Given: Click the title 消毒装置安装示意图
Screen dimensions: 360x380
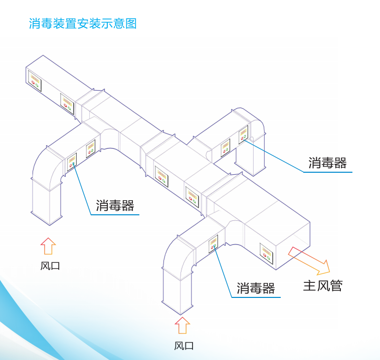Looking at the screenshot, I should tap(83, 24).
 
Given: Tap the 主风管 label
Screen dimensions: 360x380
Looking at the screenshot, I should tap(322, 285).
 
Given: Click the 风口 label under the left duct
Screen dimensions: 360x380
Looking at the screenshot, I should tap(50, 266).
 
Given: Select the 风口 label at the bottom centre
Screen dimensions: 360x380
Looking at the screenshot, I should tap(183, 345).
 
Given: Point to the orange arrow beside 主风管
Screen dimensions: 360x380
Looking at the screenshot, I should tap(309, 259).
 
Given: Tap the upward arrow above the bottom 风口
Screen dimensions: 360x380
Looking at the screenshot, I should tap(182, 325).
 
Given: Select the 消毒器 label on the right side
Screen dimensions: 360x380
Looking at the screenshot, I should tap(327, 163).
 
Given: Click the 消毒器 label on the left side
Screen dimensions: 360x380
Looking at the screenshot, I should tap(115, 205).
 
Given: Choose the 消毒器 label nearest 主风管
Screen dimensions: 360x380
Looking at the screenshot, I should tap(256, 288).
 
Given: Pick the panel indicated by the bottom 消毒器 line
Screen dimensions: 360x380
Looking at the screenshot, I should tap(214, 243).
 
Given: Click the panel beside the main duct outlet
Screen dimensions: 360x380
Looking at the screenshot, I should tap(266, 252).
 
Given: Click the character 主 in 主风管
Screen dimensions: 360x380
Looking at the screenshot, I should tap(309, 285).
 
